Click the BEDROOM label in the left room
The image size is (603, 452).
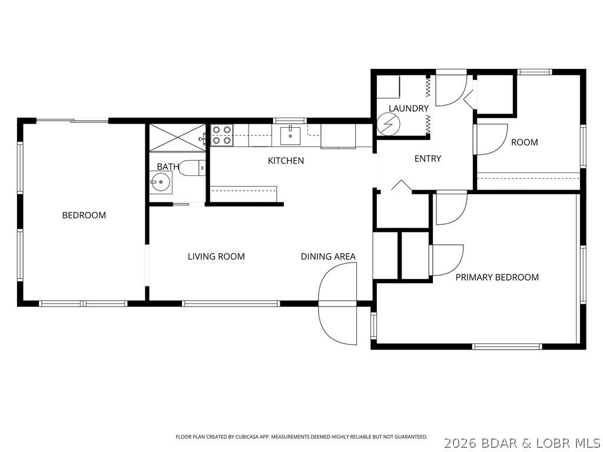coord(84,215)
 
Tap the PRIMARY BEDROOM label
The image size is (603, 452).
coord(497,277)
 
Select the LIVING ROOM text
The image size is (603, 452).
coord(216,257)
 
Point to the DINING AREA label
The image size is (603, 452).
coord(328,257)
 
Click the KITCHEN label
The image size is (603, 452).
coord(286,161)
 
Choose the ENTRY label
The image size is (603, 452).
coord(428,158)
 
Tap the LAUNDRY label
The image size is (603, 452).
coord(408,108)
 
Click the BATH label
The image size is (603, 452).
coord(167,167)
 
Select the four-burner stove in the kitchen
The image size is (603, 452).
coord(222,135)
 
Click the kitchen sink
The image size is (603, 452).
coord(291,135)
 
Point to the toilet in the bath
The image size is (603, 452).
coord(191,168)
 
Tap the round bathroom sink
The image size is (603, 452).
coord(160,182)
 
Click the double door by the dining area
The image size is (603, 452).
coord(337,304)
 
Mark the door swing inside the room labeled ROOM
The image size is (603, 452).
coord(491,140)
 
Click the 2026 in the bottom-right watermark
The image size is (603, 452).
coord(458,441)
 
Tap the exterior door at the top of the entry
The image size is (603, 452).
coord(451,88)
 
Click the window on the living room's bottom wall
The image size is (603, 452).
coord(230,304)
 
